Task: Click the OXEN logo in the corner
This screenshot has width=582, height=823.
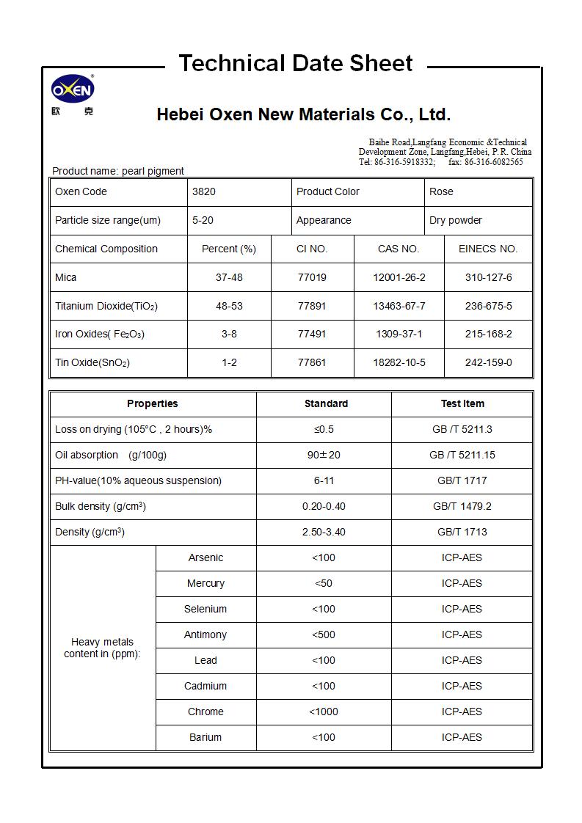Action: (72, 91)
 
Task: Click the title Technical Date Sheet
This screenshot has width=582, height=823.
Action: (296, 64)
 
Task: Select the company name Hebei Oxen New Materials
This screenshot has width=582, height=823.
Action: (303, 114)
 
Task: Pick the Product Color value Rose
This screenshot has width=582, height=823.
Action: (441, 191)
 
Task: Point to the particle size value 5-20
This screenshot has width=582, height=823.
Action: (203, 220)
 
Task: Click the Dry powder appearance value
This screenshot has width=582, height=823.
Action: (456, 220)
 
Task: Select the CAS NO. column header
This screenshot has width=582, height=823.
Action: (399, 249)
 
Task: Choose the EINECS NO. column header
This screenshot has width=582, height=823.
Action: (488, 249)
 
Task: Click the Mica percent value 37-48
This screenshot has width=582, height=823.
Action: (229, 277)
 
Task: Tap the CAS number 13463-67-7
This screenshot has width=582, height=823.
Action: (399, 306)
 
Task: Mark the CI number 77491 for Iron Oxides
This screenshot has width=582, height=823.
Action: (312, 334)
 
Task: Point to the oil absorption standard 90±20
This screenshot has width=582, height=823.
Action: (324, 455)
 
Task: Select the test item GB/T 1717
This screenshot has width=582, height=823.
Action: (462, 480)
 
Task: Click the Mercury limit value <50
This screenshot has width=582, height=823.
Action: (324, 583)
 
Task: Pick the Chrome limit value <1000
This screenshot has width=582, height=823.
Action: (324, 712)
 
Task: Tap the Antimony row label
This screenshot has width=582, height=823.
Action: (205, 634)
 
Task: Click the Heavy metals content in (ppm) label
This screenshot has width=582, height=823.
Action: (102, 648)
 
